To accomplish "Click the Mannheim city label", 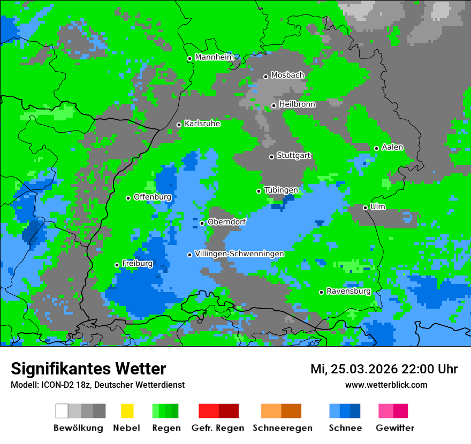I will tap(215, 57).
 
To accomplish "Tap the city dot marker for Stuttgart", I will tap(271, 157).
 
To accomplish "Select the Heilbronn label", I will tap(297, 104).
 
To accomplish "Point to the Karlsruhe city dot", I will tap(179, 125).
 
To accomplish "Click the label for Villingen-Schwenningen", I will tap(239, 254).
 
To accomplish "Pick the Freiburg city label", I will tap(137, 264).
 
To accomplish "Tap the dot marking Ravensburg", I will tap(321, 292).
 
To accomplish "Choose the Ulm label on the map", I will tap(377, 206).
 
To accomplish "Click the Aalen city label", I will tap(392, 147).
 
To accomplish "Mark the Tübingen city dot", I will tap(259, 191).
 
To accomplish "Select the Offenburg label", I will tap(152, 197).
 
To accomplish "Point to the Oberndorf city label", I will tap(226, 222).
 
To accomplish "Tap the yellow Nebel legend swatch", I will tap(127, 411).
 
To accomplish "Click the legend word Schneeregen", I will tap(282, 428).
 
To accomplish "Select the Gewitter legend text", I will tap(394, 428).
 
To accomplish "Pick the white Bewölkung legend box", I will tap(62, 411).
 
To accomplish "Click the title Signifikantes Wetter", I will tap(88, 369).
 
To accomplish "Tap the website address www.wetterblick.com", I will tap(386, 385).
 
